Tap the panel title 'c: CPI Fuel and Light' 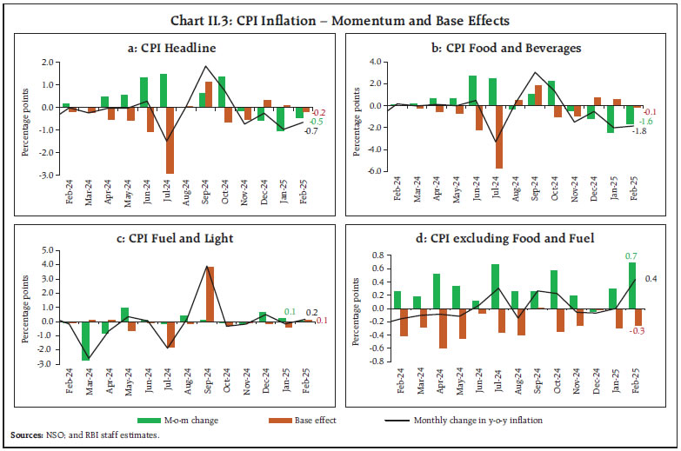point(179,237)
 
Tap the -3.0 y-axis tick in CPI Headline point(40,174)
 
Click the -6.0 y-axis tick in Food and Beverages point(375,171)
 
